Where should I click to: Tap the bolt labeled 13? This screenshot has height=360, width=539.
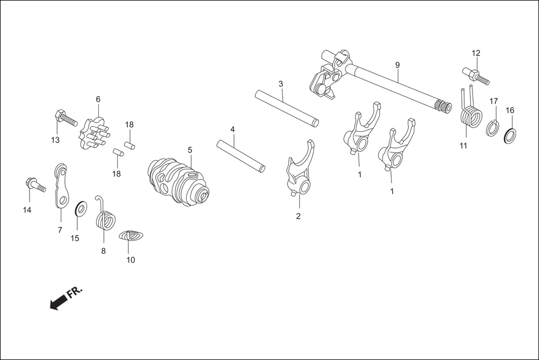(x=64, y=119)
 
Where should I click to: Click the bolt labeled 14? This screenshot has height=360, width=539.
(x=34, y=184)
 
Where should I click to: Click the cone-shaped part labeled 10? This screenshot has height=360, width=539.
(x=132, y=236)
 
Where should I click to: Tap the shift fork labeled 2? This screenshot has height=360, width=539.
(x=297, y=170)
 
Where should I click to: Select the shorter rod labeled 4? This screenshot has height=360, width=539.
(x=241, y=155)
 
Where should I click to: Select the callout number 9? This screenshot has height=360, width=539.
(x=397, y=65)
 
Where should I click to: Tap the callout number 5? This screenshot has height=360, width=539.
(x=189, y=150)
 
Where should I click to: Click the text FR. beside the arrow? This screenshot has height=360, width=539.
(x=74, y=292)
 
